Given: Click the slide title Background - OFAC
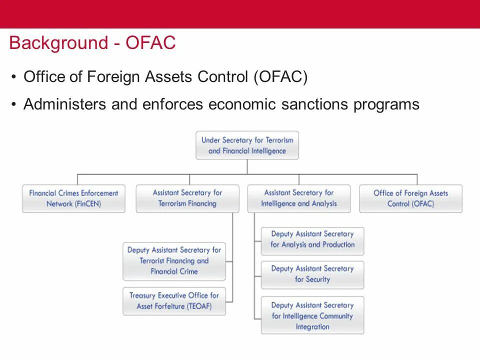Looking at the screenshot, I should [92, 43].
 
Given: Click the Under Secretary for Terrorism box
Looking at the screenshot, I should [247, 145].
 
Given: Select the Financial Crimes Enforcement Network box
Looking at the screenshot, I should [73, 198].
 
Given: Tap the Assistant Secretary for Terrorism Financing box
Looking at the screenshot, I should [187, 198].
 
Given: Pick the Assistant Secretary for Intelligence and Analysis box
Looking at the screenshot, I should [299, 198].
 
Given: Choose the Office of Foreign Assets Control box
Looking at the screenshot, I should [410, 198].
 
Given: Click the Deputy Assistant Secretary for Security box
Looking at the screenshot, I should [312, 274].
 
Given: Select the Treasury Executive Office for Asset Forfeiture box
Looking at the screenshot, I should [174, 301].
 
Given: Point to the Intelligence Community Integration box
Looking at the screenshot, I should [312, 315].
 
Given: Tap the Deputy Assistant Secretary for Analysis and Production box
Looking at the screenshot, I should [312, 239].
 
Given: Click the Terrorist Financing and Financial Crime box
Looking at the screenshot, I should [174, 261].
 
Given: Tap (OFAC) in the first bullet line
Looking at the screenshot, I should [280, 77].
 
